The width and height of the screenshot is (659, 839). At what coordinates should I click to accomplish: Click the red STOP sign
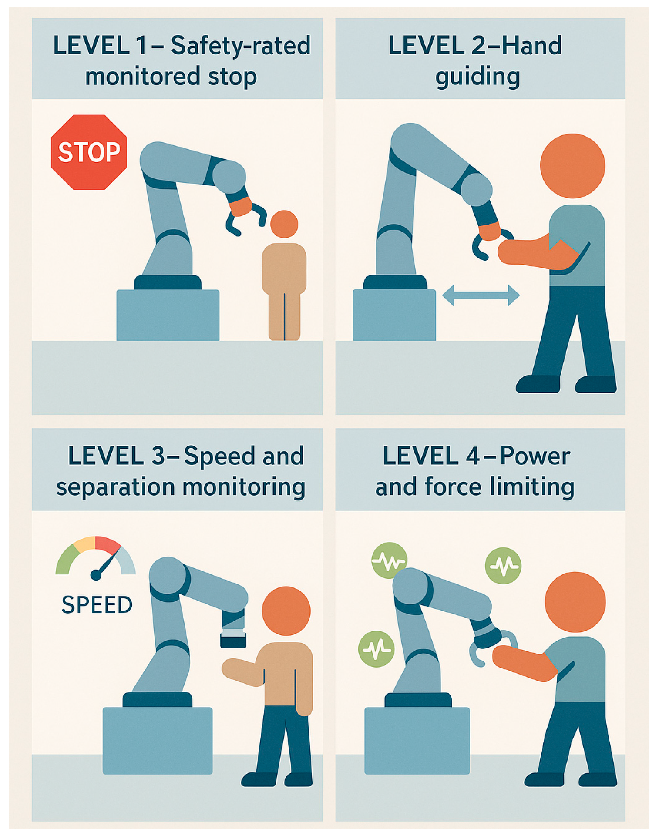click(x=89, y=152)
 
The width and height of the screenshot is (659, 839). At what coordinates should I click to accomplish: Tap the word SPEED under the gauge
click(x=97, y=605)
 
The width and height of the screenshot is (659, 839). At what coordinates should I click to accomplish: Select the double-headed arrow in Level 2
click(x=481, y=295)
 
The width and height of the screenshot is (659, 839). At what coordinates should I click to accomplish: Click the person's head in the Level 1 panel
click(x=284, y=224)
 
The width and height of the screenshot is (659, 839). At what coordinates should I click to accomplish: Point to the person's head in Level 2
click(x=572, y=166)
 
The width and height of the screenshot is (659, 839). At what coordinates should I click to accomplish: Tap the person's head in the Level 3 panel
click(x=286, y=611)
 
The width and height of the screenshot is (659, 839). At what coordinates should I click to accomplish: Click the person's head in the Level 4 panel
click(x=575, y=602)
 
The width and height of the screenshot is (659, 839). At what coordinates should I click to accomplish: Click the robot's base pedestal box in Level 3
click(x=158, y=741)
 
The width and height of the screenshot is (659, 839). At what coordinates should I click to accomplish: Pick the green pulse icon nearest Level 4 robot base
click(x=377, y=649)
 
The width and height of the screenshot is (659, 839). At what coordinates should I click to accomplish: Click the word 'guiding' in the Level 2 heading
click(x=478, y=77)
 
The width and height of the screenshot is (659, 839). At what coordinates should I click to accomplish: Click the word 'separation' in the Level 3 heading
click(x=115, y=487)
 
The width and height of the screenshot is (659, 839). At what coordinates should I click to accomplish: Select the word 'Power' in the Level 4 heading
click(x=535, y=456)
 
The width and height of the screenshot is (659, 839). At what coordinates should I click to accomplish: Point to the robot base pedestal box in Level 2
click(x=394, y=315)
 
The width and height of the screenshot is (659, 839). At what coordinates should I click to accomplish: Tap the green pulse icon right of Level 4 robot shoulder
click(x=503, y=566)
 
